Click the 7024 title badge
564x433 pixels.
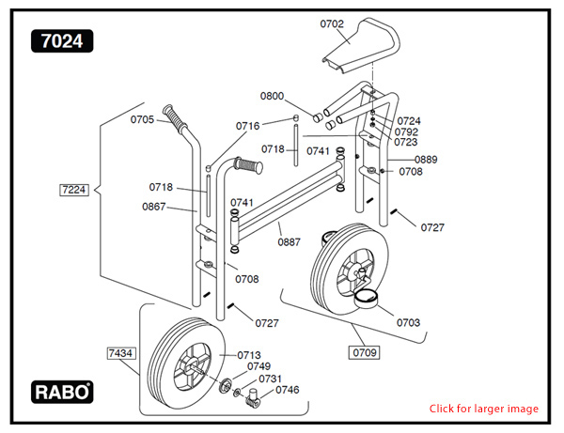61,40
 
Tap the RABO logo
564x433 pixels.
63,391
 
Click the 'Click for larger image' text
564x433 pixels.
484,409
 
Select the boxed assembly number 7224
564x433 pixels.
72,190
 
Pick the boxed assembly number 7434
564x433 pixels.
119,353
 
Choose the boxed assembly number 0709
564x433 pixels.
365,353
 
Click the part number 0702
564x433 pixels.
333,23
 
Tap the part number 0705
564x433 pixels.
142,119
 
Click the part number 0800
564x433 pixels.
272,96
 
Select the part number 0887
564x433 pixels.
289,241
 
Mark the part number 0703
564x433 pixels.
408,322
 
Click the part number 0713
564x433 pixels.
249,354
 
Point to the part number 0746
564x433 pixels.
288,389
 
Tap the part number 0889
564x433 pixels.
426,159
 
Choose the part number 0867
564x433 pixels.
155,206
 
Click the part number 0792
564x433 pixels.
407,131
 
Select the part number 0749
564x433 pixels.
258,366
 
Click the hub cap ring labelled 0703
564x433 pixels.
367,300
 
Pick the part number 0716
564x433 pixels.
247,126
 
